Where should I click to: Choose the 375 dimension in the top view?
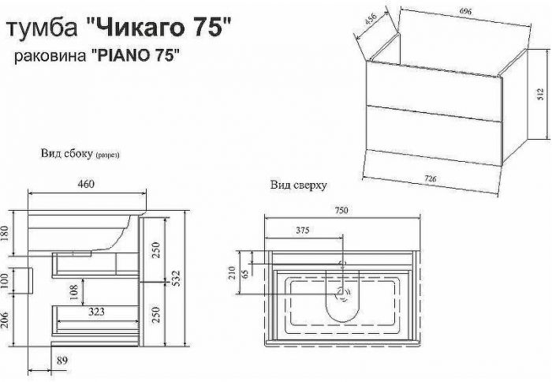[302, 231]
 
